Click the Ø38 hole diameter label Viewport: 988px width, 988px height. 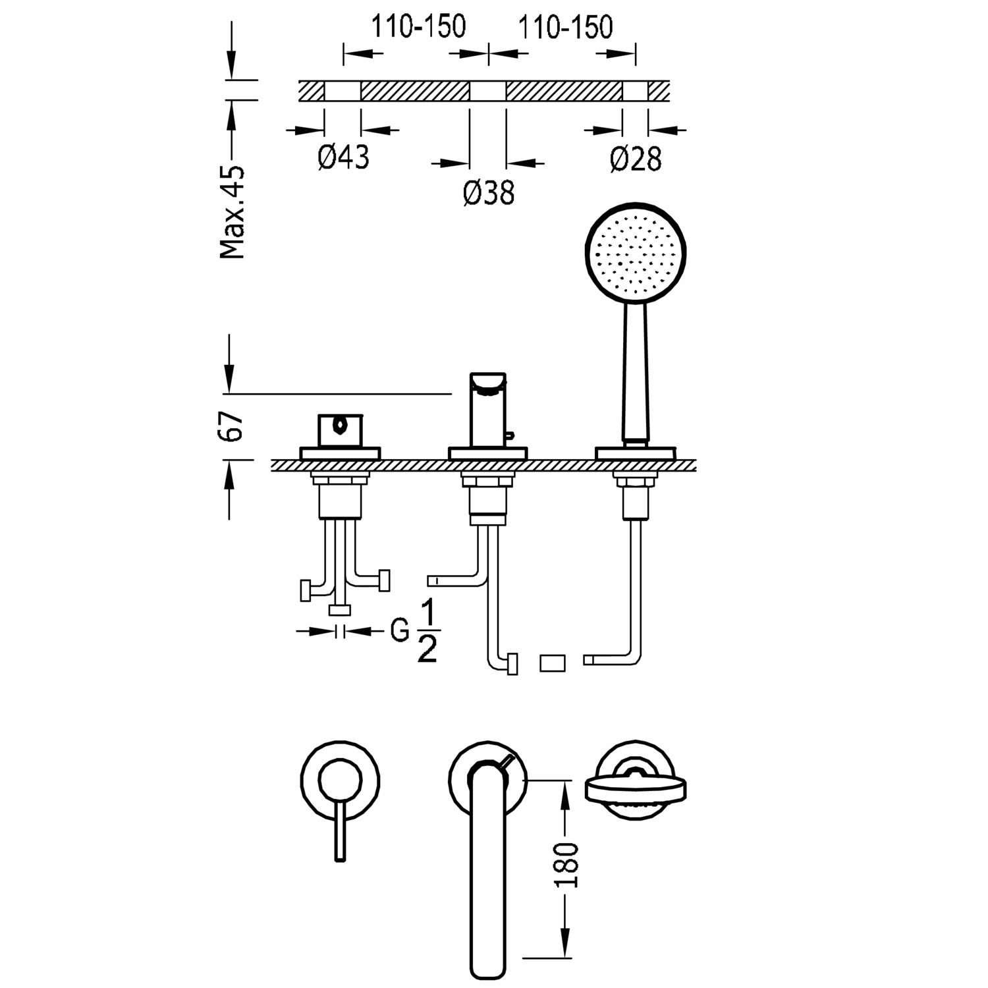click(488, 193)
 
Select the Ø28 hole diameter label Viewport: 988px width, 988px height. click(635, 159)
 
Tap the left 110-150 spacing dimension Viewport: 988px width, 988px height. click(418, 27)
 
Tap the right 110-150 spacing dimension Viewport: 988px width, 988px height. click(565, 27)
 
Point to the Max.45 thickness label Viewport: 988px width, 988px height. click(233, 212)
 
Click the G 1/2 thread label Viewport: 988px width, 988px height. click(414, 632)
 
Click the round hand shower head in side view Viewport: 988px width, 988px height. click(636, 253)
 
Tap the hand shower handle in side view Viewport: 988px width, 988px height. click(636, 372)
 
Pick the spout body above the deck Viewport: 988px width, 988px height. click(488, 412)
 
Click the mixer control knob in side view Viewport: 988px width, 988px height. click(340, 431)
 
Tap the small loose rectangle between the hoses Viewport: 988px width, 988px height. click(552, 663)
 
